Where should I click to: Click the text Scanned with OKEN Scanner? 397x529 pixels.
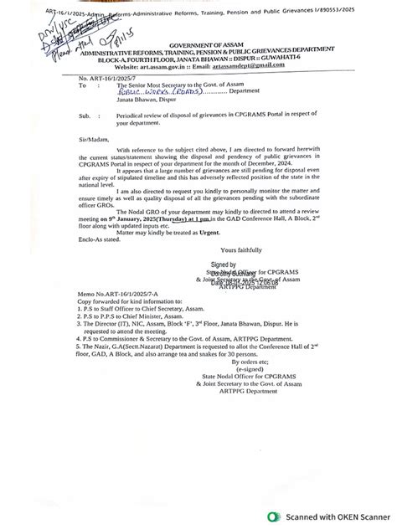[x=331, y=516]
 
